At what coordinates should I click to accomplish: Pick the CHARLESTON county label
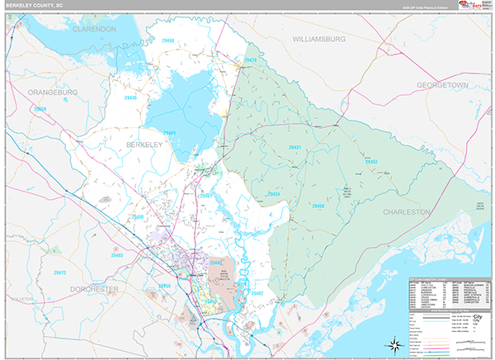407,212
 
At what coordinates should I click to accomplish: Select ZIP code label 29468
168,40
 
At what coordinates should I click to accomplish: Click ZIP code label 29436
131,97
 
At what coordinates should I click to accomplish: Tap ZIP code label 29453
370,162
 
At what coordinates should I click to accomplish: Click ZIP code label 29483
117,256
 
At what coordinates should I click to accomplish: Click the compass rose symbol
394,343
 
